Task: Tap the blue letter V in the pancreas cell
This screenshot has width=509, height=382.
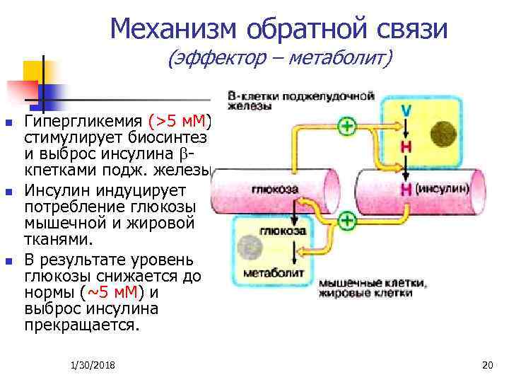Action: (x=406, y=111)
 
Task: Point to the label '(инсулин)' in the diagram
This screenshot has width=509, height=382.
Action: (x=441, y=189)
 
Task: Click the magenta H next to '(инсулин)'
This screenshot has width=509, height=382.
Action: (x=406, y=189)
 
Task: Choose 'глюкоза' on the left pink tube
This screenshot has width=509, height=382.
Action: (x=274, y=189)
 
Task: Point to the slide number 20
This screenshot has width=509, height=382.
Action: (x=486, y=364)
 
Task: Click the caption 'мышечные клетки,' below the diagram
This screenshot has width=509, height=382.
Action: (x=373, y=283)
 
